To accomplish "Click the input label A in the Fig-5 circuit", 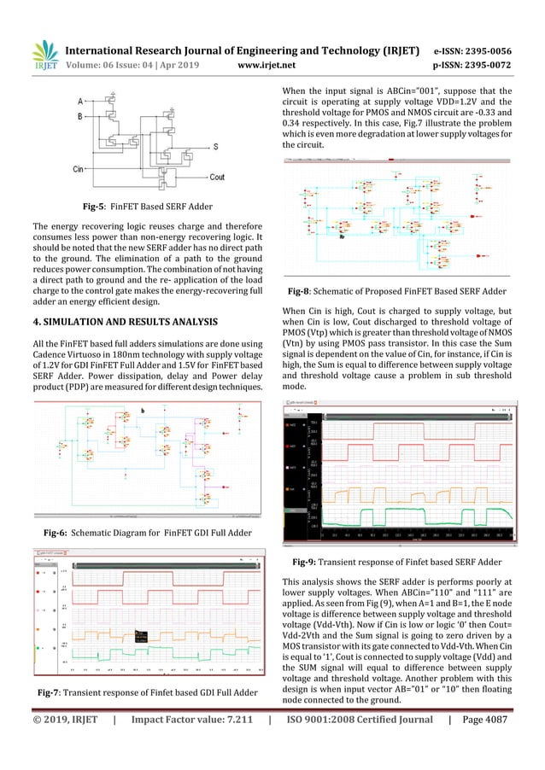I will coord(79,98).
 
